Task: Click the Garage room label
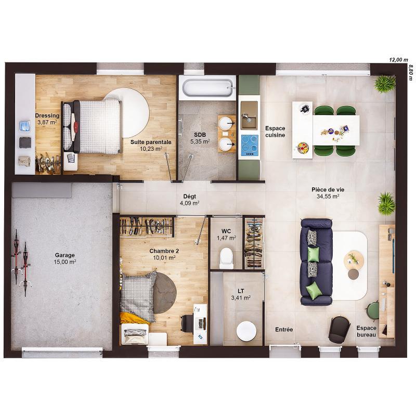click(65, 255)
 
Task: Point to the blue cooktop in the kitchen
click(249, 142)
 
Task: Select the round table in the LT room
click(245, 330)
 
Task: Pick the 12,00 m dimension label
click(398, 60)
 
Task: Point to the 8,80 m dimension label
click(410, 72)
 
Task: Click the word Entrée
click(284, 330)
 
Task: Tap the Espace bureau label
click(367, 331)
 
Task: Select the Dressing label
click(47, 115)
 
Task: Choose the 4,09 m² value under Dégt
click(189, 203)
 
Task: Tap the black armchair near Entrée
click(339, 329)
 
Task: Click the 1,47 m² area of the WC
click(226, 238)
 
